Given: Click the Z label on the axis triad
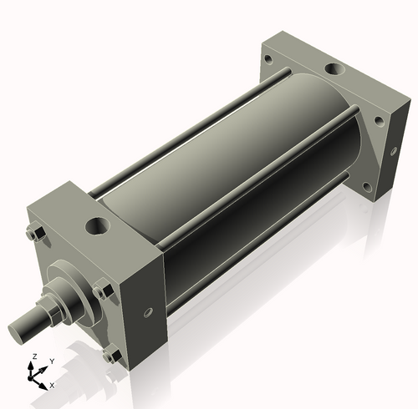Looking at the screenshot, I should click(x=33, y=356).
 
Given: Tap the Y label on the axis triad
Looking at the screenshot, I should click(x=51, y=361).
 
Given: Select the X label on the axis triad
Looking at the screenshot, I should click(x=52, y=385).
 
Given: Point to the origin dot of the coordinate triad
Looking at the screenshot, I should click(x=35, y=375).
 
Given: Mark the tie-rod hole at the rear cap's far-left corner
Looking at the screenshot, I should click(x=267, y=60).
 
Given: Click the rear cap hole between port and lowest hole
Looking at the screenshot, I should click(x=378, y=121).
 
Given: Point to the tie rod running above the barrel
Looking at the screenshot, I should click(x=192, y=125).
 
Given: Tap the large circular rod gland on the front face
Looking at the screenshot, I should click(x=71, y=288).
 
